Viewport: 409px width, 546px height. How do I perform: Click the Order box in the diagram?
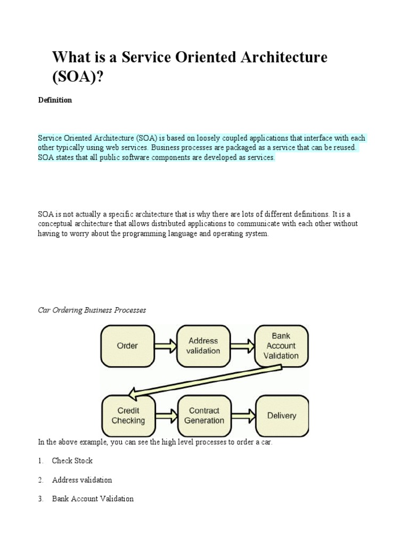(x=127, y=346)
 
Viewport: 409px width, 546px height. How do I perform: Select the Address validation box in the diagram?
(x=203, y=346)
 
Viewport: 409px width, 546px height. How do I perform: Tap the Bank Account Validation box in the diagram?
(x=281, y=346)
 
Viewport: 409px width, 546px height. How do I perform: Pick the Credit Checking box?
(x=128, y=415)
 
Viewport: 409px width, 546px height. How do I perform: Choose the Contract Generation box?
(x=204, y=415)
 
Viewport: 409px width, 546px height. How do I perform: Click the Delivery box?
(x=282, y=415)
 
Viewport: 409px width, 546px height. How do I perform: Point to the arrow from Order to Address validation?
(x=165, y=346)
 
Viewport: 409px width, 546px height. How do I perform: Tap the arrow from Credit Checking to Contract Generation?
(x=166, y=415)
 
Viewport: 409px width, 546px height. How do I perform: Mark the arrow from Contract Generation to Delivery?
(x=243, y=415)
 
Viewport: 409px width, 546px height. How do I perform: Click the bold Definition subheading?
(x=55, y=100)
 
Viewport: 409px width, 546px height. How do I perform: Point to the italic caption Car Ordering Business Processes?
(x=92, y=310)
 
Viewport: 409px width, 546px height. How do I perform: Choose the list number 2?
(x=40, y=480)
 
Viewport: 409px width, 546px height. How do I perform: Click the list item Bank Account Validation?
(x=93, y=499)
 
